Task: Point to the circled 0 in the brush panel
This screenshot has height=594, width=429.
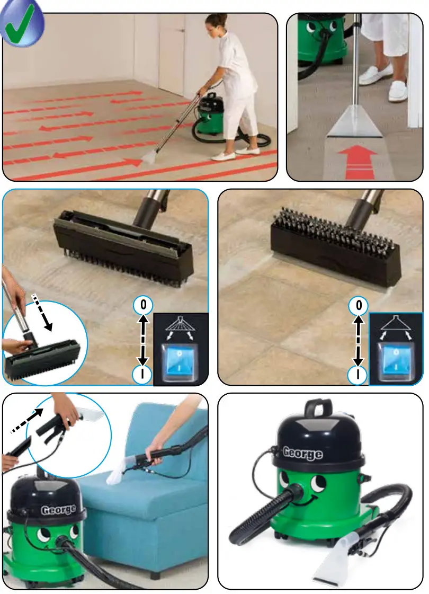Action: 359,306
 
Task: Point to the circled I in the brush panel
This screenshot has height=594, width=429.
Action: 359,375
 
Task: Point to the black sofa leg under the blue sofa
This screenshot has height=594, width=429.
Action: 154,574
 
